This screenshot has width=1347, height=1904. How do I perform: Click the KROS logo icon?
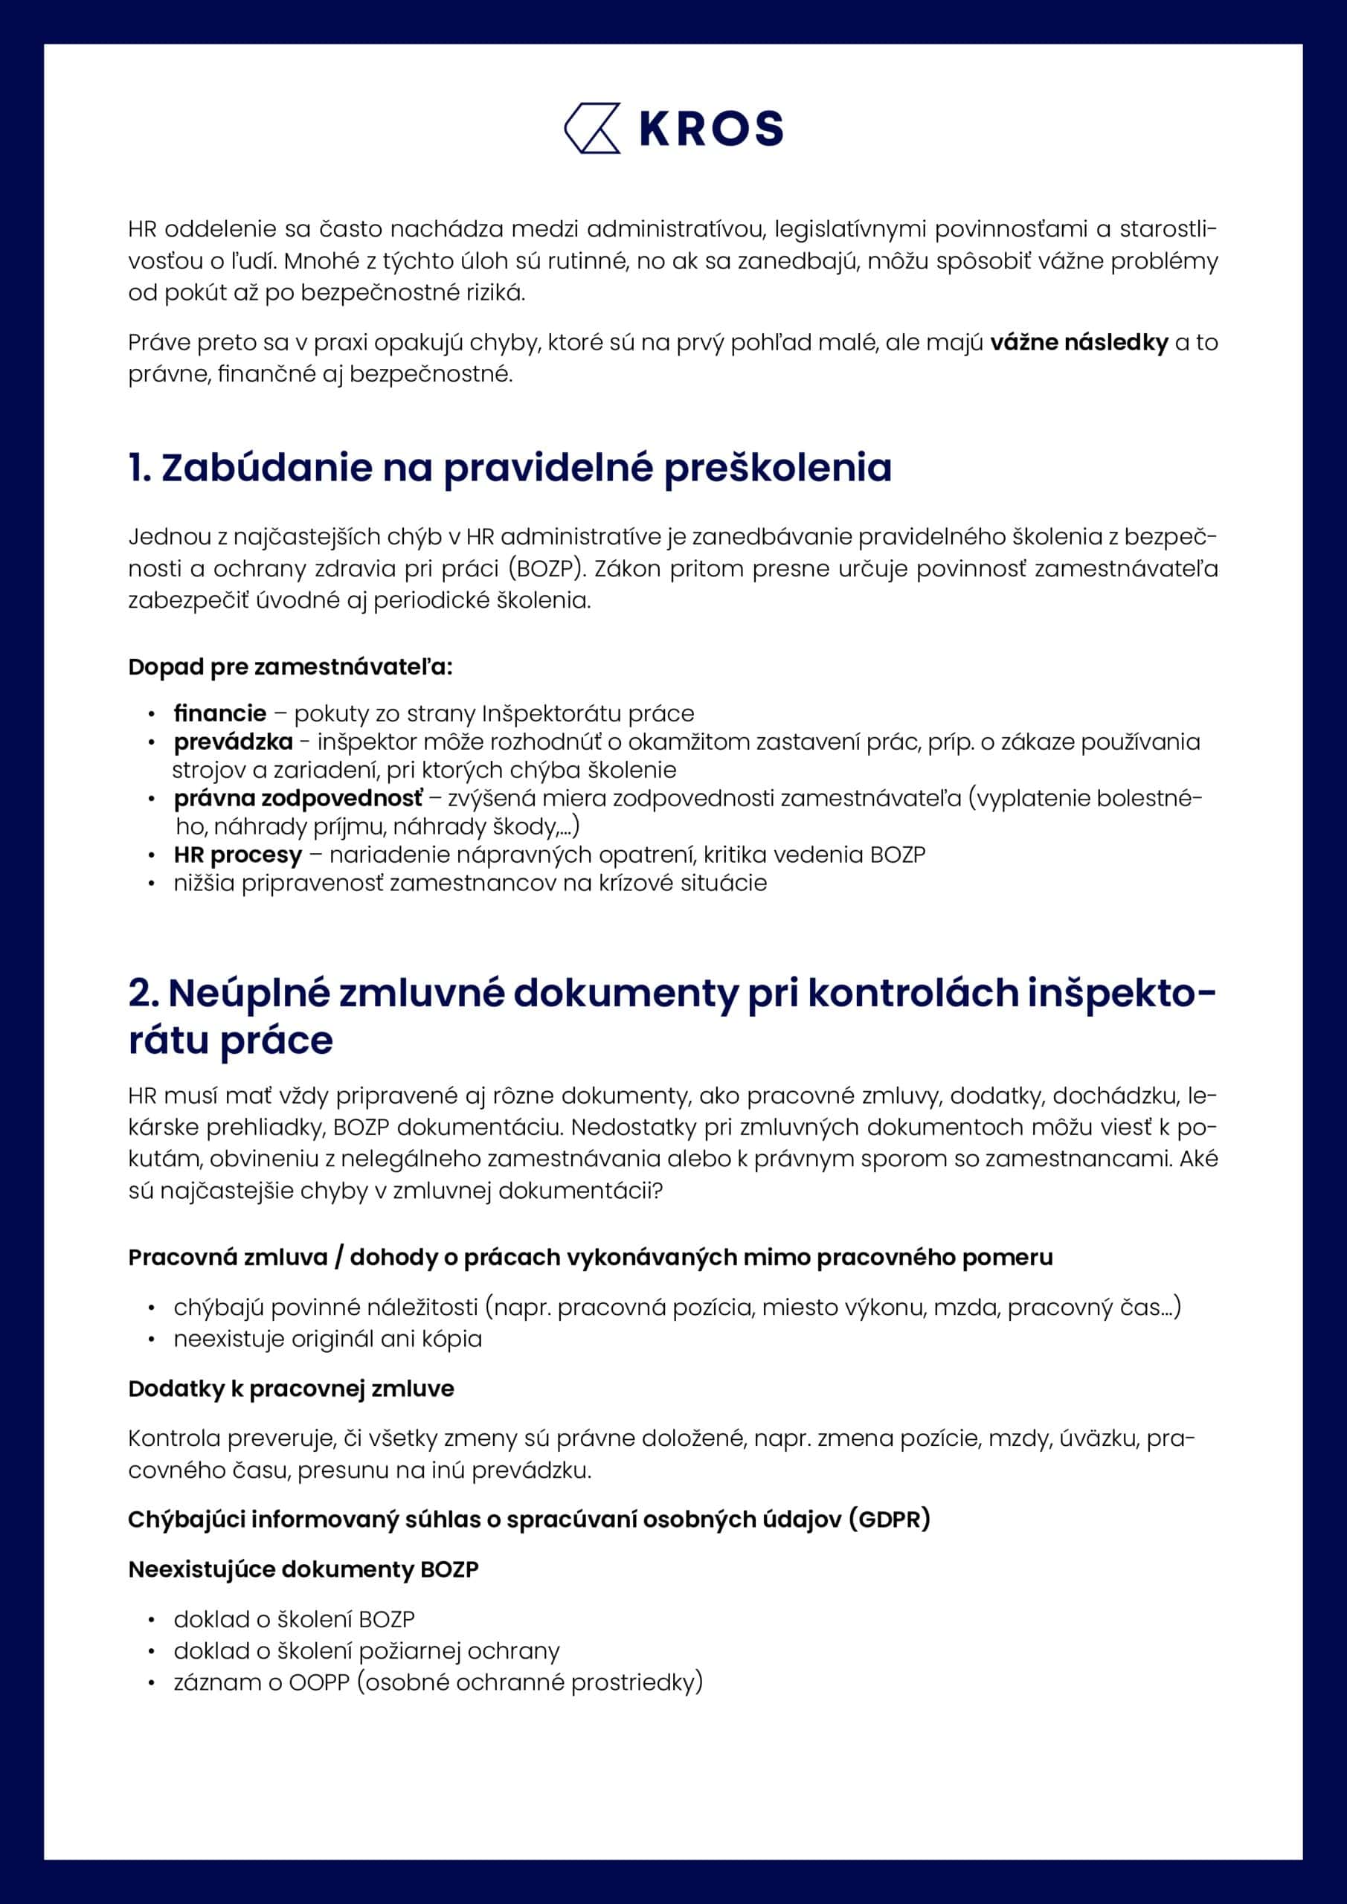592,129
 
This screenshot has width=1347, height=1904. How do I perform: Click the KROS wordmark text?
712,129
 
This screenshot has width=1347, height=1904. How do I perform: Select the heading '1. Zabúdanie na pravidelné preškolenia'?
510,468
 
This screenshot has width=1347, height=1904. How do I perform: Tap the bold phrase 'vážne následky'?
1078,342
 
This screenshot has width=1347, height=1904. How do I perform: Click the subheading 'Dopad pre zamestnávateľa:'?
290,666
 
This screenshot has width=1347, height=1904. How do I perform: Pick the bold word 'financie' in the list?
220,713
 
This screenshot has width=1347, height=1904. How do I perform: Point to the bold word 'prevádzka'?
233,742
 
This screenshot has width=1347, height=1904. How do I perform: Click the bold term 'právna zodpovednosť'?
298,798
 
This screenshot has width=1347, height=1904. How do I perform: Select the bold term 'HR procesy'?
238,854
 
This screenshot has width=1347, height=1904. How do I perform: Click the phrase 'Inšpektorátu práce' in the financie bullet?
588,713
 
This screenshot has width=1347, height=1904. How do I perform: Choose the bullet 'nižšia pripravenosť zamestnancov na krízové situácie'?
470,882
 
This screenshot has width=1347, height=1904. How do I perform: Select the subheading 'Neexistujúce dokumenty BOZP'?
303,1569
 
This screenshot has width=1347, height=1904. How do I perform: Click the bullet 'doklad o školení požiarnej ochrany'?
367,1650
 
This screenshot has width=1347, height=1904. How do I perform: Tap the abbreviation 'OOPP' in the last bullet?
319,1682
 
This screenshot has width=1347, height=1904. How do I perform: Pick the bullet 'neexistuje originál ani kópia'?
327,1339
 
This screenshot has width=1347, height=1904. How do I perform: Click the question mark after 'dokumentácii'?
658,1191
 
